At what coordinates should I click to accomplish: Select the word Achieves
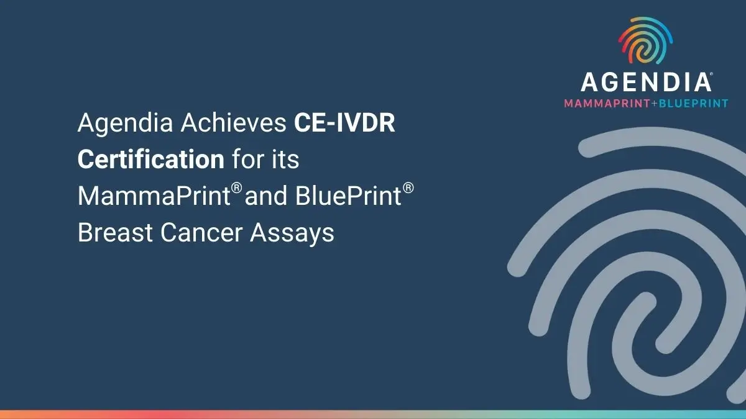(x=234, y=122)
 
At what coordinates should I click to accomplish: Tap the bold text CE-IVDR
(x=344, y=122)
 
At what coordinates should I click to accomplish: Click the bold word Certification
(x=151, y=159)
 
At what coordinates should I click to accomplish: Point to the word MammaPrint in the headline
(x=154, y=196)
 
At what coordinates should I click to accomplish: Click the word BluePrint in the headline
(x=348, y=196)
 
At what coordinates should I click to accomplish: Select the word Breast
(x=115, y=232)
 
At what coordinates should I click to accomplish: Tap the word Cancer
(x=201, y=232)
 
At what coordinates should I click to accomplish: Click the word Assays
(x=292, y=234)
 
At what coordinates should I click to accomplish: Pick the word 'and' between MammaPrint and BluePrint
(x=266, y=196)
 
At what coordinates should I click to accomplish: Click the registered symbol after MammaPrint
(x=236, y=188)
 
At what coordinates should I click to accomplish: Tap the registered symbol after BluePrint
(x=408, y=188)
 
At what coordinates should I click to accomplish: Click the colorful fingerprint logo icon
(x=645, y=40)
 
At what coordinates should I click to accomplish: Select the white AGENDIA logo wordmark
(x=647, y=82)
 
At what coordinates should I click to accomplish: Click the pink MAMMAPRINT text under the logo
(x=607, y=104)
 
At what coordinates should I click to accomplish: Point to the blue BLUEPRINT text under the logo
(x=693, y=104)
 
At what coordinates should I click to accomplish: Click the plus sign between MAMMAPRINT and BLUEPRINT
(x=655, y=104)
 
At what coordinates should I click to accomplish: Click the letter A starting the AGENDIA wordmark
(x=590, y=82)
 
